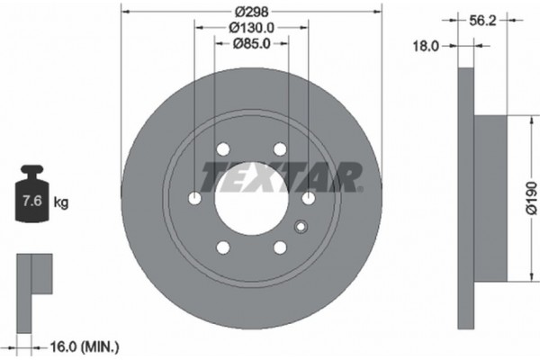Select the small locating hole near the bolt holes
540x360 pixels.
click(301, 227)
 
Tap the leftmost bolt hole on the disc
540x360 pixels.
click(194, 199)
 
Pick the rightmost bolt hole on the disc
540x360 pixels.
click(308, 199)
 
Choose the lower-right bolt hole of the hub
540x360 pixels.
click(280, 247)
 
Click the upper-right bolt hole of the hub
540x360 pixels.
click(280, 149)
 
